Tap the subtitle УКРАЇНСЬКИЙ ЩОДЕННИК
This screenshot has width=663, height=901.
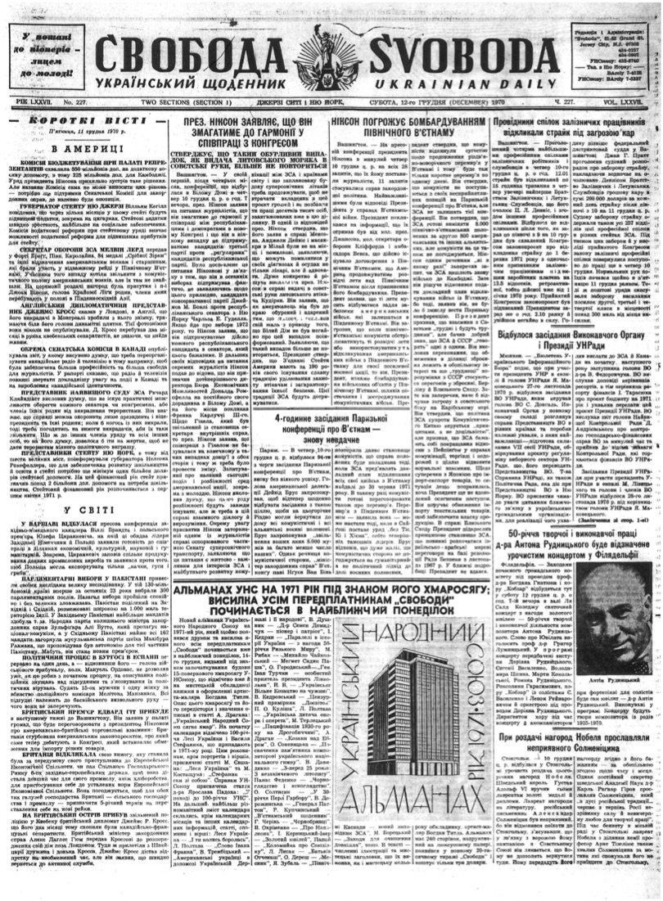coord(169,84)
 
